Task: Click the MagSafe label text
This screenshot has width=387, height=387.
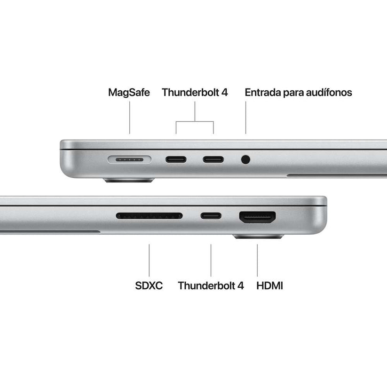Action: [x=129, y=92]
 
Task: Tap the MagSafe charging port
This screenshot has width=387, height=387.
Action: [x=129, y=159]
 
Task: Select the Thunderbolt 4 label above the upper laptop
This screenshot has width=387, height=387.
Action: [x=195, y=92]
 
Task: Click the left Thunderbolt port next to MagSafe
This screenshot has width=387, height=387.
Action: [x=176, y=159]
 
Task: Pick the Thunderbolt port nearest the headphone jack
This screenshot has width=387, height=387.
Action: [x=213, y=159]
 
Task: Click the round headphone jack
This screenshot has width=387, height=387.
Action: [x=245, y=159]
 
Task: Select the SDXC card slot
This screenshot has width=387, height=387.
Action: [x=149, y=216]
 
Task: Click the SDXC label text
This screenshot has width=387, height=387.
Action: [x=149, y=285]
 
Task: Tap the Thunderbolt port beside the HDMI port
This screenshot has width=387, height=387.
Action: [x=211, y=216]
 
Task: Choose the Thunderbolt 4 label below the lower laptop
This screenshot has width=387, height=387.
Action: [x=211, y=285]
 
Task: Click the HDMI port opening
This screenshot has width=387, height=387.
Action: [x=257, y=217]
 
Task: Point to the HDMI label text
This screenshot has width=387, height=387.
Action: [x=270, y=285]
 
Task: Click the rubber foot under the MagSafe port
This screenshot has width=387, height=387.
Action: [x=129, y=180]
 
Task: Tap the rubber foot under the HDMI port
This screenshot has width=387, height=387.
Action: [x=258, y=237]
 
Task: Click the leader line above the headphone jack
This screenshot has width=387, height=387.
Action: [x=245, y=118]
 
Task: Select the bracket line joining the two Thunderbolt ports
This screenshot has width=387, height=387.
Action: [x=195, y=122]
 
